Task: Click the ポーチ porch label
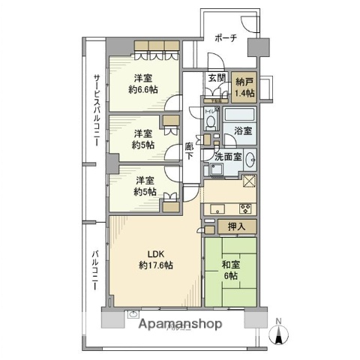(x=226, y=40)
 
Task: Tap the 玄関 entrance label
(x=216, y=79)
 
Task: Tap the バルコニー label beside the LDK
(x=95, y=277)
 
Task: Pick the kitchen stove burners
(x=245, y=208)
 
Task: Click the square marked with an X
(x=250, y=181)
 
